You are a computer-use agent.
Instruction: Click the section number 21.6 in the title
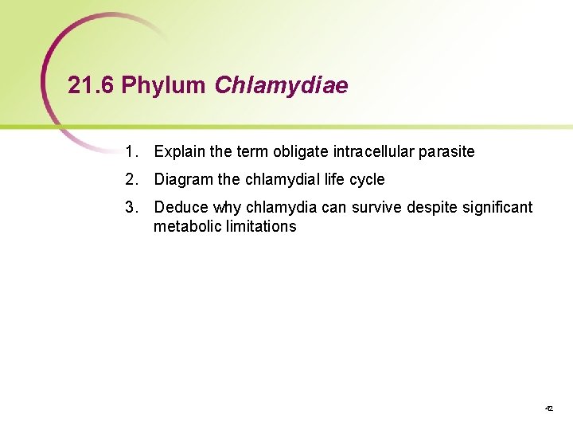pos(92,86)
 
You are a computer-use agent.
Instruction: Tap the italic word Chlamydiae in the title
pos(281,86)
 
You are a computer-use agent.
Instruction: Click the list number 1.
pos(131,151)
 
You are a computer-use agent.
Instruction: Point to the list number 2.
pos(131,179)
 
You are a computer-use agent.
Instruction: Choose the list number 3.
pos(131,207)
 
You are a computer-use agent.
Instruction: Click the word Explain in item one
pos(180,151)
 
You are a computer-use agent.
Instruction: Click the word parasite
pos(448,151)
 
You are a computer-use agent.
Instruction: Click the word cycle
pos(366,179)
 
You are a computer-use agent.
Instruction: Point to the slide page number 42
pos(548,408)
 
